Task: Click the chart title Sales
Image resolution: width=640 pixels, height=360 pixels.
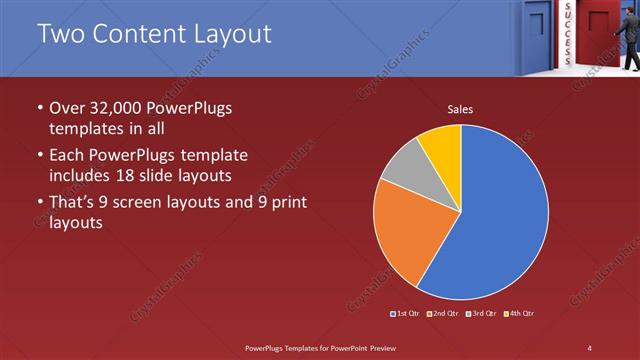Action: [460, 110]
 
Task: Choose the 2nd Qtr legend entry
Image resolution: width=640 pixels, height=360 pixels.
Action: [444, 314]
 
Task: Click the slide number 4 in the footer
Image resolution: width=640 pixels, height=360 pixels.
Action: [589, 347]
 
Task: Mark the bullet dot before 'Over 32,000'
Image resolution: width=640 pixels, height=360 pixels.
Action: [39, 108]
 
